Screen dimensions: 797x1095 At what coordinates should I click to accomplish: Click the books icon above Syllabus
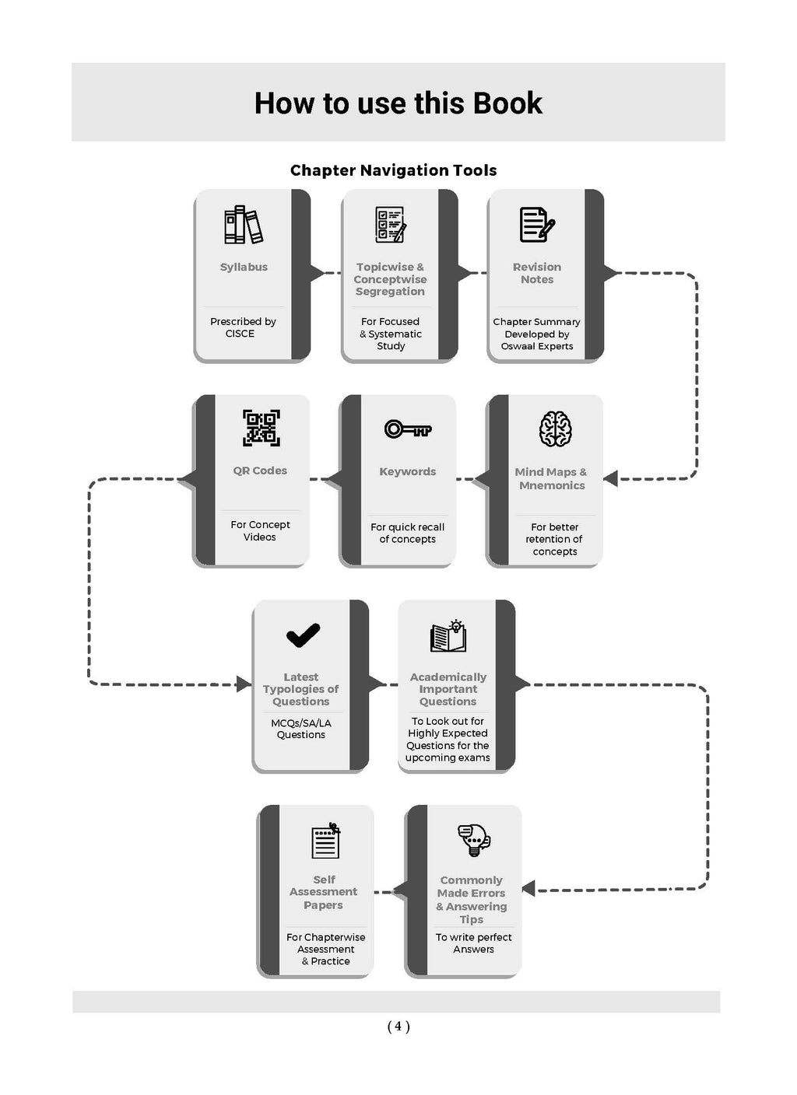click(244, 225)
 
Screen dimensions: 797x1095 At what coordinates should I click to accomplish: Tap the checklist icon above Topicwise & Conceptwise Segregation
click(390, 225)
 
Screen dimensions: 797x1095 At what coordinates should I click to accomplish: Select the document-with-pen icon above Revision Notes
click(537, 225)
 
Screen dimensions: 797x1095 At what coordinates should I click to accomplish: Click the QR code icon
click(262, 428)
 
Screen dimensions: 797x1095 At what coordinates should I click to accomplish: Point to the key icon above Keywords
click(408, 429)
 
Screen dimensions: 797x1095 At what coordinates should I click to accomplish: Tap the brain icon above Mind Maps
click(555, 429)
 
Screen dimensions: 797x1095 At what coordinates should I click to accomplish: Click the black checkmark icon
click(303, 635)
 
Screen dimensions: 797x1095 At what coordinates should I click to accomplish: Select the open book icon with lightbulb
click(448, 636)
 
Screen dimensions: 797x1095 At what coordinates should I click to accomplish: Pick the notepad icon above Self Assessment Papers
click(325, 840)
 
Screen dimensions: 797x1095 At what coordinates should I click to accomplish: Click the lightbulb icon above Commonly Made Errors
click(473, 840)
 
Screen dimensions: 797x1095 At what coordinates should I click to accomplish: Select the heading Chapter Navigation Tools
click(393, 170)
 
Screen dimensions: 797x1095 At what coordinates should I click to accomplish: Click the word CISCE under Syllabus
click(240, 334)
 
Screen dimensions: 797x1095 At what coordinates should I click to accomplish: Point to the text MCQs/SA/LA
click(301, 722)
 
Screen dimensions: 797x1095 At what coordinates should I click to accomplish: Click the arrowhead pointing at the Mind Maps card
click(611, 478)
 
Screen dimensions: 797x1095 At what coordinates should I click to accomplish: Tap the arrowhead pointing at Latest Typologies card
click(243, 684)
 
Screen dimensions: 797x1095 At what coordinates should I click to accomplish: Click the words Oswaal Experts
click(537, 346)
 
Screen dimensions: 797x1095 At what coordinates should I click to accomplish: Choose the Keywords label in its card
click(408, 471)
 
